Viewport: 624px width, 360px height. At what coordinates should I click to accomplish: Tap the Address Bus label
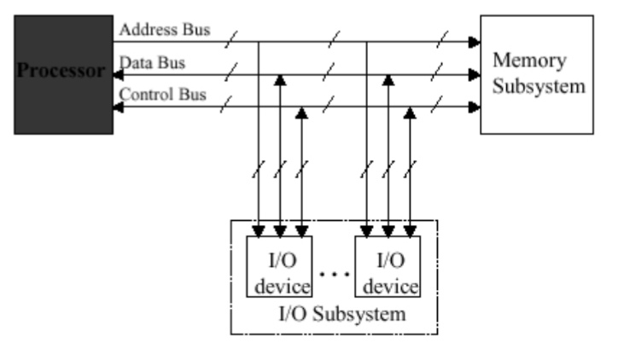(x=163, y=30)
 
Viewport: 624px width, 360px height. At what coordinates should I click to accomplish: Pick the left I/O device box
(x=276, y=265)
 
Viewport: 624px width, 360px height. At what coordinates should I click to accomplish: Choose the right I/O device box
(x=387, y=265)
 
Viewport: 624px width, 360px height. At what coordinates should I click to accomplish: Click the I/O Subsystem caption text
(x=341, y=313)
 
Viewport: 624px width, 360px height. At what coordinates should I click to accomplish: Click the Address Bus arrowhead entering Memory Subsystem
(x=475, y=41)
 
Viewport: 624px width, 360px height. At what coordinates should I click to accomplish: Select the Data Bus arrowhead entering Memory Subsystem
(x=475, y=74)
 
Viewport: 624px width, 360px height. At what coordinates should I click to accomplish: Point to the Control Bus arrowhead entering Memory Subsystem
(x=475, y=107)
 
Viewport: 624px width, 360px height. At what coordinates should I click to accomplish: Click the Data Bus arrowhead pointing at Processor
(x=118, y=74)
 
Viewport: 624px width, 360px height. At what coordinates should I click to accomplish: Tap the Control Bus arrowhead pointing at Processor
(x=118, y=107)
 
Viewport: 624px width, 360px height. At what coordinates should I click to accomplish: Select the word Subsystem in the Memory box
(x=535, y=86)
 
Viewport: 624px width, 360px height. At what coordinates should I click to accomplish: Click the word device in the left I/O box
(x=276, y=284)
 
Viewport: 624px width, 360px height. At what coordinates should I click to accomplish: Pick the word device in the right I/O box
(x=387, y=284)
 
